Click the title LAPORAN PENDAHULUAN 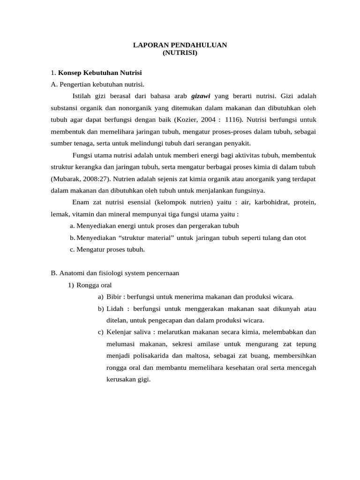point(180,45)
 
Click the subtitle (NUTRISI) point(180,53)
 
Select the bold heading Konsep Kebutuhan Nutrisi point(100,73)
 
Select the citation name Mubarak point(66,179)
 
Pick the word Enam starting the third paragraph point(81,202)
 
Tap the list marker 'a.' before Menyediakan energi point(72,226)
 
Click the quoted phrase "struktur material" point(146,238)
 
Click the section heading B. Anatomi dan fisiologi point(114,273)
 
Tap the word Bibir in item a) point(114,297)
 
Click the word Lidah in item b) point(115,309)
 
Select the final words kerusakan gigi point(128,380)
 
